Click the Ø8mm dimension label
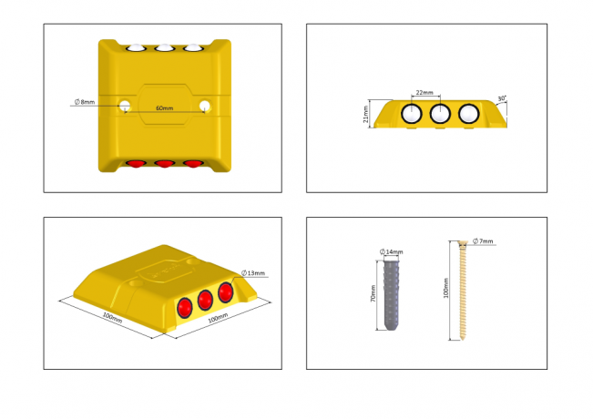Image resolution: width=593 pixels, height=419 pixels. tap(85, 102)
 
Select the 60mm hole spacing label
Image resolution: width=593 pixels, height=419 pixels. tap(165, 108)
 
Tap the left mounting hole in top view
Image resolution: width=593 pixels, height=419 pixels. tap(125, 106)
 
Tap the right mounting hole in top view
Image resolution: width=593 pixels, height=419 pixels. tap(205, 106)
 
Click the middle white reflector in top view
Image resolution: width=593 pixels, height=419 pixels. tap(165, 47)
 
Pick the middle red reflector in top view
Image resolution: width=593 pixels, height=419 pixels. tap(165, 164)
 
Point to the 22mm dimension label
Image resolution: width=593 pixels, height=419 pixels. tap(424, 93)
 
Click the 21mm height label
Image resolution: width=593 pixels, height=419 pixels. tap(365, 114)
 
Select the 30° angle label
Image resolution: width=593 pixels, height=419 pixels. tap(502, 98)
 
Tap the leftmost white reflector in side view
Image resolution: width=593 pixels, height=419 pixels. tap(412, 114)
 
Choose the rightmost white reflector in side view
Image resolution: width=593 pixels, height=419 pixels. tap(469, 114)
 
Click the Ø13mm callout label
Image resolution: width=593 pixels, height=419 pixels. tap(253, 273)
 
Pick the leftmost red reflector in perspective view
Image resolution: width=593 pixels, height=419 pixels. tap(185, 308)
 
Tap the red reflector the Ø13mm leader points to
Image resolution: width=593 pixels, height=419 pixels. tap(225, 292)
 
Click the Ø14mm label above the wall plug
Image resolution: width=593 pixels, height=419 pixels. tap(392, 251)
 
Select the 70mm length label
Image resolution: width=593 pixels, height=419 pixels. tap(373, 293)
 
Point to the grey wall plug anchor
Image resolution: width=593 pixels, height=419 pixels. tap(391, 295)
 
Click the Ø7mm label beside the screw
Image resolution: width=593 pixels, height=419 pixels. tap(483, 240)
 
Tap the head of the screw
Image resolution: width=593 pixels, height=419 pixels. tap(463, 243)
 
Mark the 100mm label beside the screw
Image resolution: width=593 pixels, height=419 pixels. tap(445, 288)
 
